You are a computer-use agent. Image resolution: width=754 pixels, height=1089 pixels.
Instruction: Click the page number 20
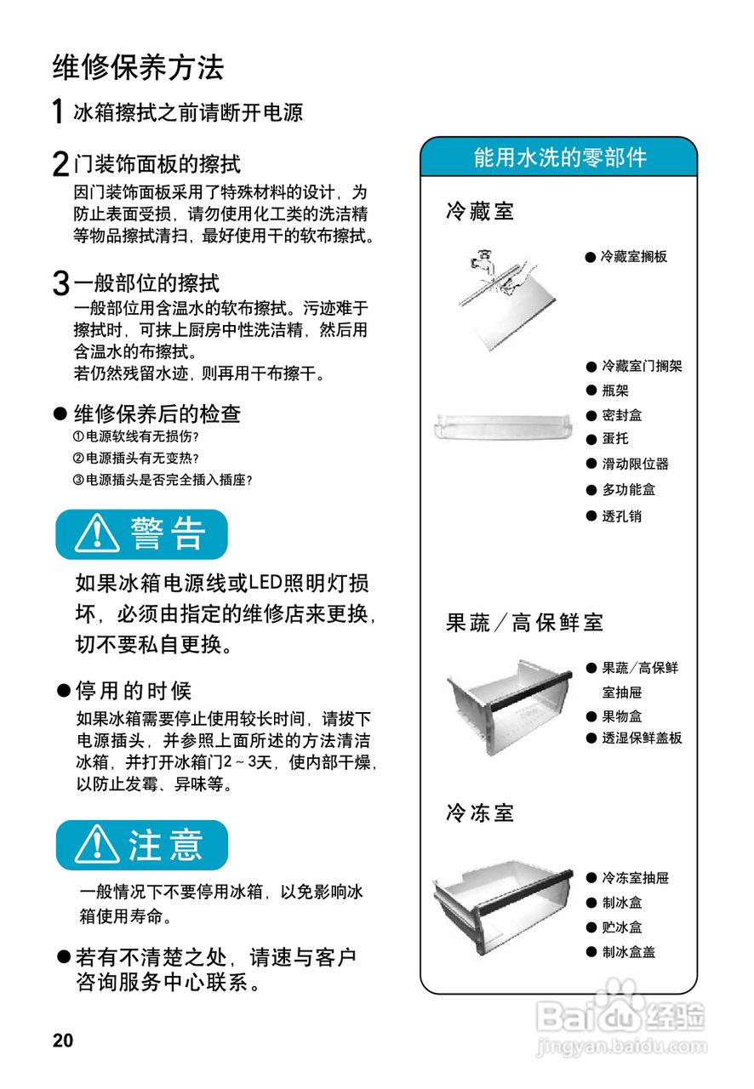pyautogui.click(x=63, y=1041)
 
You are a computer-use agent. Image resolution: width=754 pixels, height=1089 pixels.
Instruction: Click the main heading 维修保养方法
pyautogui.click(x=138, y=66)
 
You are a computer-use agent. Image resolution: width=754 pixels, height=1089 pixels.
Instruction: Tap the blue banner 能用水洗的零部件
pyautogui.click(x=559, y=157)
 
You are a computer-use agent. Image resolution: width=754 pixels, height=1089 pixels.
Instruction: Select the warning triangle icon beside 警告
pyautogui.click(x=96, y=534)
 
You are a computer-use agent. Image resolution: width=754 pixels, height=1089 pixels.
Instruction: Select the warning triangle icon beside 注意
pyautogui.click(x=96, y=845)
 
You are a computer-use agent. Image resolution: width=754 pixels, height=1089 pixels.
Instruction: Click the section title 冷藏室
pyautogui.click(x=481, y=211)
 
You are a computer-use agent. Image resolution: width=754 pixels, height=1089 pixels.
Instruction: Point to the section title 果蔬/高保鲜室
pyautogui.click(x=524, y=623)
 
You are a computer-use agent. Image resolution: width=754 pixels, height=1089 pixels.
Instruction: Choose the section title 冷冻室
pyautogui.click(x=481, y=812)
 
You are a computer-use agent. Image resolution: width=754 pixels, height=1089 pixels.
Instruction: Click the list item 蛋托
pyautogui.click(x=615, y=439)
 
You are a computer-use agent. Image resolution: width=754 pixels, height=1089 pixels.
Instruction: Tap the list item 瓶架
pyautogui.click(x=615, y=391)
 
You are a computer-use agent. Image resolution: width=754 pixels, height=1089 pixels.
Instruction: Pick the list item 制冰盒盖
pyautogui.click(x=628, y=952)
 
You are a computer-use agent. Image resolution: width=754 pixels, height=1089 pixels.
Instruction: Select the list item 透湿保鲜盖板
pyautogui.click(x=642, y=738)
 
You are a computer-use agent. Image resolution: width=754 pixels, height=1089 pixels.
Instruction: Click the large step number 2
pyautogui.click(x=60, y=164)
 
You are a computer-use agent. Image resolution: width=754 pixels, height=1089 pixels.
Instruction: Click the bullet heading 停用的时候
pyautogui.click(x=134, y=690)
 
